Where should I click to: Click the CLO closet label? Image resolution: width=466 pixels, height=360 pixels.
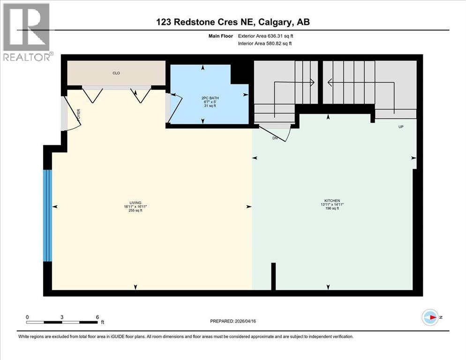pos(116,73)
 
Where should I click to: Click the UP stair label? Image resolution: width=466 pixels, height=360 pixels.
pos(400,127)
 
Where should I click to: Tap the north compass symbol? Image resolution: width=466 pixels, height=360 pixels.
pos(430,317)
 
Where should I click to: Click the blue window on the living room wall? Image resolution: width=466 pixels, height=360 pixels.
pos(47,215)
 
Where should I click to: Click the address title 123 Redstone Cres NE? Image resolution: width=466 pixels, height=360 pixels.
pos(233,22)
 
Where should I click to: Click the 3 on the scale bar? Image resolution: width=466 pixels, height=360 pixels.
pos(62,317)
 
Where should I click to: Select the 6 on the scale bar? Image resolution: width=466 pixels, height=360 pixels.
pos(97,317)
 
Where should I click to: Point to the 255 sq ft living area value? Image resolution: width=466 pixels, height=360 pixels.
pos(135,210)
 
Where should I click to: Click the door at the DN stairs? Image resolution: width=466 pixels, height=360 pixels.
pos(277,130)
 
